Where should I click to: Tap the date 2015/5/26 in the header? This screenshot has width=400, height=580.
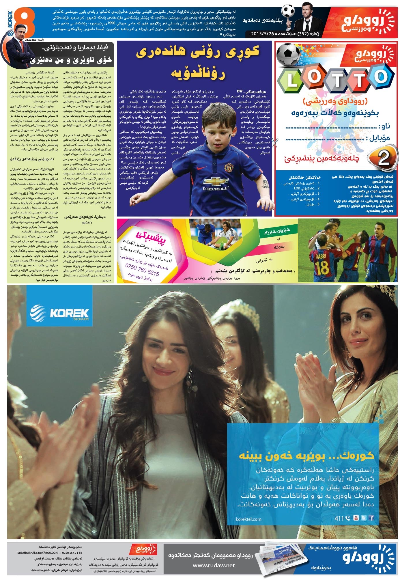pyautogui.click(x=263, y=33)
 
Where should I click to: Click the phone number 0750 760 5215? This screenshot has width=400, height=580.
pyautogui.click(x=142, y=269)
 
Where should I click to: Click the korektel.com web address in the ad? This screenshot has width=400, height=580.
pyautogui.click(x=248, y=519)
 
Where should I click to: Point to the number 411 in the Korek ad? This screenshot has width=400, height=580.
pyautogui.click(x=339, y=519)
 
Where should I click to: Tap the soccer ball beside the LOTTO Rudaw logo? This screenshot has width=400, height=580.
pyautogui.click(x=288, y=55)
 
